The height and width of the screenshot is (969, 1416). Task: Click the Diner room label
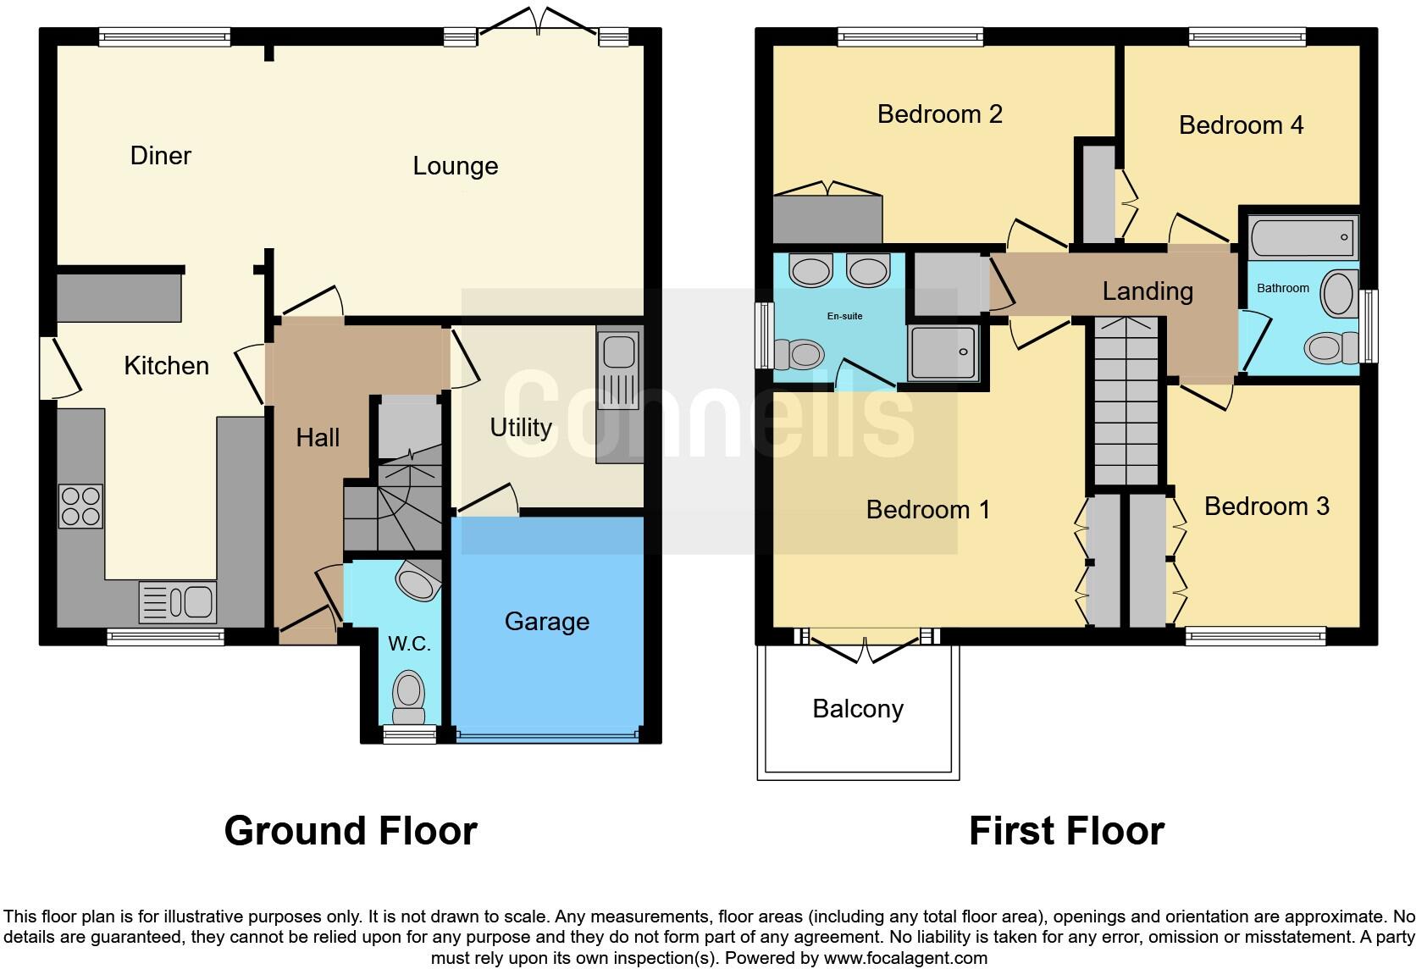(x=160, y=156)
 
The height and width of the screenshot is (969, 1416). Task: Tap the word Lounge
(x=455, y=166)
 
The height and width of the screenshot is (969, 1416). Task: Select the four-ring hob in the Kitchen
(x=80, y=506)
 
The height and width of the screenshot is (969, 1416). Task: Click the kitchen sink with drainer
(x=177, y=602)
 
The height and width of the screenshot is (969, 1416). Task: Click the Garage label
(x=546, y=622)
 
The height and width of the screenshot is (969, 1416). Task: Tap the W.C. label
(x=409, y=644)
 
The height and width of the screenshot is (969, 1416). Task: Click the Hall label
(x=318, y=438)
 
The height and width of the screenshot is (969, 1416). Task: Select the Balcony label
(x=857, y=709)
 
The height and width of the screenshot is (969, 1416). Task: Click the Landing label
(x=1148, y=291)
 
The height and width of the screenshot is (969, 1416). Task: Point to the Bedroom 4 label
(x=1241, y=125)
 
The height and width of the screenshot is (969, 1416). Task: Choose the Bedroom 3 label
(x=1266, y=507)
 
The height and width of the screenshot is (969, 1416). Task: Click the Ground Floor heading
(x=350, y=831)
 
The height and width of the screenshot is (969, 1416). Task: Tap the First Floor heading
(x=1066, y=831)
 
